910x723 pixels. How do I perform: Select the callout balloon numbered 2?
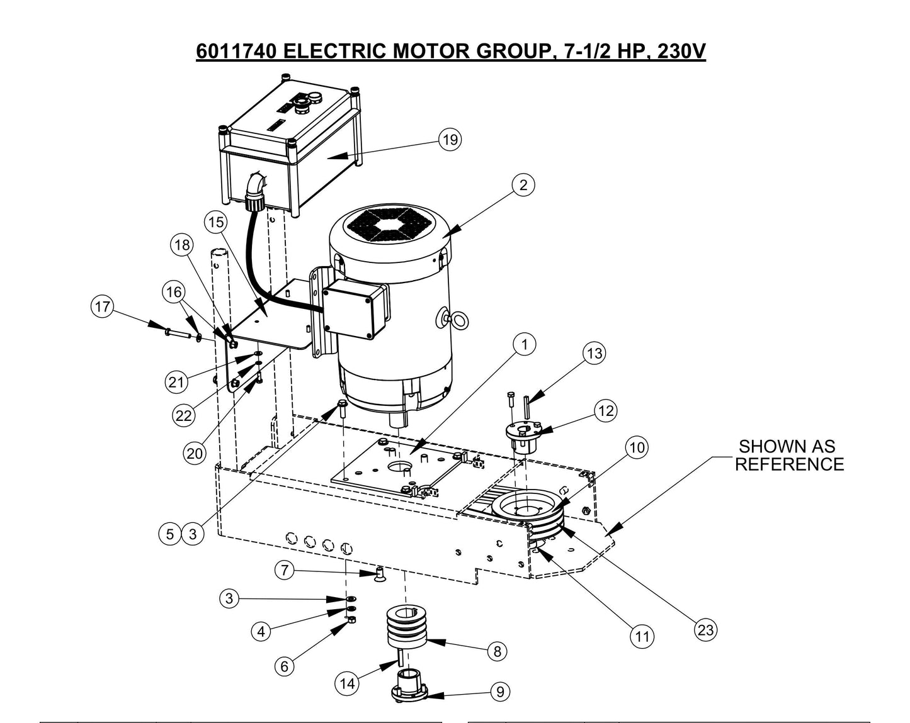pyautogui.click(x=523, y=185)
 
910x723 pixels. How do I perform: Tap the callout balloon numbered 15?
pyautogui.click(x=215, y=222)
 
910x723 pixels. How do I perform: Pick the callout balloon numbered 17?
pyautogui.click(x=102, y=308)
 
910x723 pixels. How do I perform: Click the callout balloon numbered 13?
pyautogui.click(x=594, y=354)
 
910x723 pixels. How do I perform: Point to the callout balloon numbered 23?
pyautogui.click(x=706, y=630)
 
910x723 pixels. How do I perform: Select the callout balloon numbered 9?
pyautogui.click(x=499, y=692)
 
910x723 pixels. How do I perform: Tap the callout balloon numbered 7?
pyautogui.click(x=285, y=571)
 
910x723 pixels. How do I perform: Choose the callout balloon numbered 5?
pyautogui.click(x=170, y=534)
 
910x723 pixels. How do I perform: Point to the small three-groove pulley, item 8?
pyautogui.click(x=405, y=625)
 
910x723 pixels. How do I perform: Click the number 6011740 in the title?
pyautogui.click(x=235, y=50)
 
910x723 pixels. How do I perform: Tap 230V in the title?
pyautogui.click(x=681, y=50)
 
